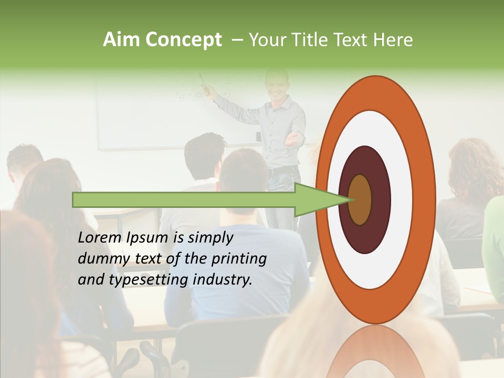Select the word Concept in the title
(184, 40)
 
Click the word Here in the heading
(394, 40)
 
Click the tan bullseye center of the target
(360, 199)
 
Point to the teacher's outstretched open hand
(295, 140)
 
